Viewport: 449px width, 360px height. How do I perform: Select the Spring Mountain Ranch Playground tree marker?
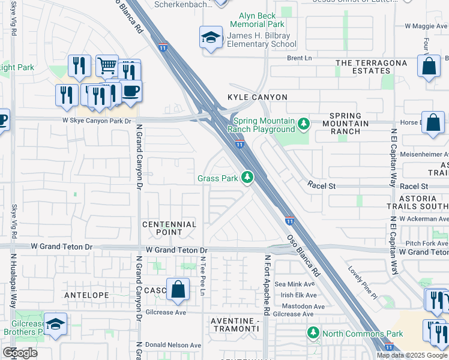click(x=304, y=124)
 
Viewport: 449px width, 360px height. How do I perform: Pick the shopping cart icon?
click(x=107, y=65)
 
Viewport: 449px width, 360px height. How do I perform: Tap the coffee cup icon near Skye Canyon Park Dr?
click(x=131, y=91)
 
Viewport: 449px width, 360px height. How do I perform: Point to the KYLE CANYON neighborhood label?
click(x=257, y=97)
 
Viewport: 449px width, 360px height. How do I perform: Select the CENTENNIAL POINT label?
click(x=169, y=228)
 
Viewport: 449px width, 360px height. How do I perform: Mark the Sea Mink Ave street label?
click(x=294, y=284)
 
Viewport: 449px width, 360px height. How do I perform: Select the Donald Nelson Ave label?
click(x=174, y=345)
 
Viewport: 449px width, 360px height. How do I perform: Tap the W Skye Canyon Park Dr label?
click(x=97, y=121)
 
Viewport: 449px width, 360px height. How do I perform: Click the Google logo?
click(x=20, y=353)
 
